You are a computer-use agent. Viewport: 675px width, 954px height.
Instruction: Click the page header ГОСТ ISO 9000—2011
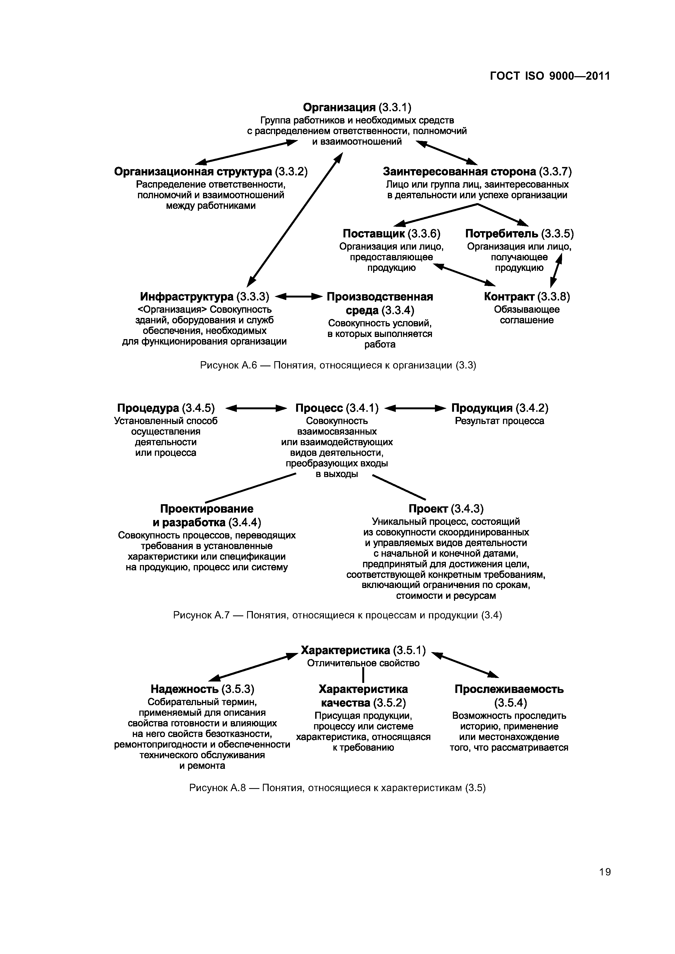[x=550, y=76]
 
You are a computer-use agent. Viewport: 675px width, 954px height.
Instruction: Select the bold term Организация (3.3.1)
[x=357, y=108]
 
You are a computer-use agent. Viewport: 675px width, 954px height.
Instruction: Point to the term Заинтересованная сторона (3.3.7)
[x=477, y=172]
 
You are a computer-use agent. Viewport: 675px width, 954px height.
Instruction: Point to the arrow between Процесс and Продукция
[x=416, y=408]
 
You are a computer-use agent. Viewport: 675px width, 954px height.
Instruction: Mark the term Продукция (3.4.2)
[x=500, y=408]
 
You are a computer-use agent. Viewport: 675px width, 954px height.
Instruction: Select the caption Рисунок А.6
[x=338, y=365]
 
